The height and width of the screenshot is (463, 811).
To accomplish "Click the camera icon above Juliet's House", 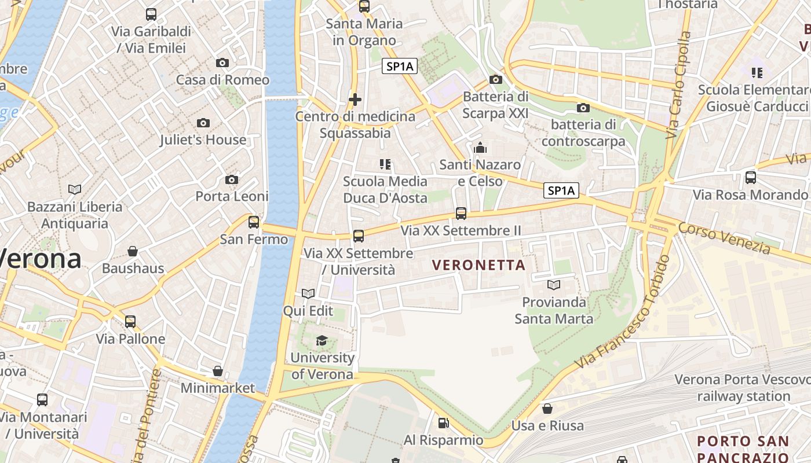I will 203,123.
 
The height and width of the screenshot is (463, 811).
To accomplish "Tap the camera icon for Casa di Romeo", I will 222,63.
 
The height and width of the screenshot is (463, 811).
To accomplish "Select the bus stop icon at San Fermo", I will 254,222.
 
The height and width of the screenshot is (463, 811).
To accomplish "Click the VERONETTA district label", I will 478,266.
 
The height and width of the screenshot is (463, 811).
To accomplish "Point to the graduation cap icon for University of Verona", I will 322,340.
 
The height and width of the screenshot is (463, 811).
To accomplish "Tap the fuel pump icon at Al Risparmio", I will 443,423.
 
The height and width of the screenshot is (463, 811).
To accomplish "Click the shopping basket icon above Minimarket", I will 218,370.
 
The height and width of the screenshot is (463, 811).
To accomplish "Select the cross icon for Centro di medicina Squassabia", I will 355,100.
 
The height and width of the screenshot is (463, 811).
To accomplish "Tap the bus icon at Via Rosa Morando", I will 751,178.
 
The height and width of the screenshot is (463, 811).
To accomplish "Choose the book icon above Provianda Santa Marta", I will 554,285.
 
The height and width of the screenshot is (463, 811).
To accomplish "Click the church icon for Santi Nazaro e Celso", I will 480,148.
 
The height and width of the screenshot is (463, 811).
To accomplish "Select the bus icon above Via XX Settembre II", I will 461,214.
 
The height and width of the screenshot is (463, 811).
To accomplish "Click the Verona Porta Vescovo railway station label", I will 743,388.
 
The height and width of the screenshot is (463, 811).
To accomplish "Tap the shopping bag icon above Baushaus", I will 133,251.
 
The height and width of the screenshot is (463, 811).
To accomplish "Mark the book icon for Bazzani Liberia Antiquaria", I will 75,189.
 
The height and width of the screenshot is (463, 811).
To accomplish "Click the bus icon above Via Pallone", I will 130,322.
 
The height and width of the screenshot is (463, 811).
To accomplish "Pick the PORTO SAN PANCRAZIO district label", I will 743,449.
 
